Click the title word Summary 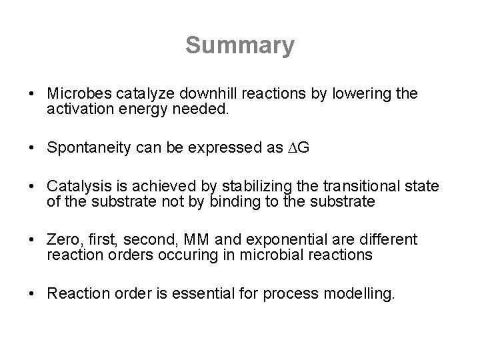[x=239, y=46]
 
